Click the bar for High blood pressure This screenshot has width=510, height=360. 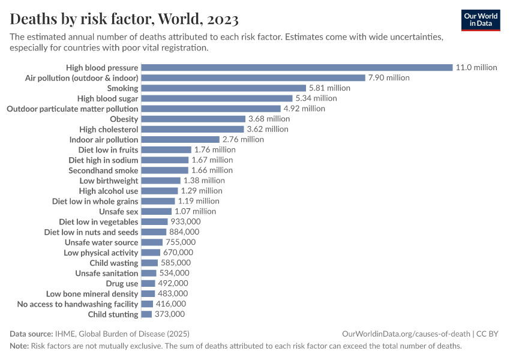pos(296,68)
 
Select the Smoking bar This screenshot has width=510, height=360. pos(223,88)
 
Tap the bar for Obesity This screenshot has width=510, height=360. pos(193,119)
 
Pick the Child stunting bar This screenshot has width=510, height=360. pos(146,314)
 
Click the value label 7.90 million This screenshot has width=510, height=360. pos(389,78)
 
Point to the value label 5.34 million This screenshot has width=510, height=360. pos(316,98)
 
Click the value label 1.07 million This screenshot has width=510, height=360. pos(195,212)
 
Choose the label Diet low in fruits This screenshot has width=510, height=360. pos(108,150)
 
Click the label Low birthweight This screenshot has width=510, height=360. pos(109,181)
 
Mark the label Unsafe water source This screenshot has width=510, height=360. pos(101,242)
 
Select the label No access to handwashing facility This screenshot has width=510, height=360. pos(77,304)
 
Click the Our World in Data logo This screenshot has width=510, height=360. pos(480,20)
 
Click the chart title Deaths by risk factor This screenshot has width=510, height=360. pos(124,20)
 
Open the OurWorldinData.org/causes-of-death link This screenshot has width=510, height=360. pos(406,334)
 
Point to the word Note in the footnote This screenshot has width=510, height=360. pos(19,346)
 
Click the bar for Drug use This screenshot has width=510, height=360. pos(148,284)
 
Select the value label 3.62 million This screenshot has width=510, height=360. pos(268,129)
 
